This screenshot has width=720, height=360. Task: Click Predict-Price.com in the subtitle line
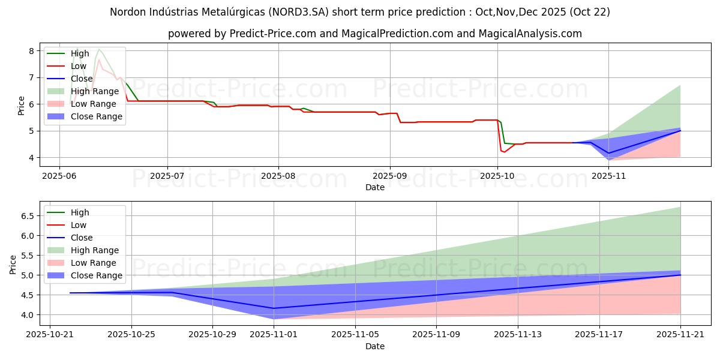(x=273, y=34)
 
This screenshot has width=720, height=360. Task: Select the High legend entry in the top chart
(x=80, y=53)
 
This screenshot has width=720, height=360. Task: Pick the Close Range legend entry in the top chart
(x=96, y=116)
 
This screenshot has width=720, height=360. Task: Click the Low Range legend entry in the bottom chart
(x=94, y=263)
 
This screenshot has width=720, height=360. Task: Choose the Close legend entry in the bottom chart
(x=82, y=238)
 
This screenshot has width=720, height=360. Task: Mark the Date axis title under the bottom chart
(x=375, y=346)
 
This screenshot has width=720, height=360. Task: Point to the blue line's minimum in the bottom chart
(x=274, y=308)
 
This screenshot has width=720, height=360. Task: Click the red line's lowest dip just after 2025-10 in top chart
(x=504, y=152)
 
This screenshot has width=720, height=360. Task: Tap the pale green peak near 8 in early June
(x=99, y=49)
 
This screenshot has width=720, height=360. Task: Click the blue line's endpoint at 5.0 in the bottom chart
(x=680, y=275)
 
